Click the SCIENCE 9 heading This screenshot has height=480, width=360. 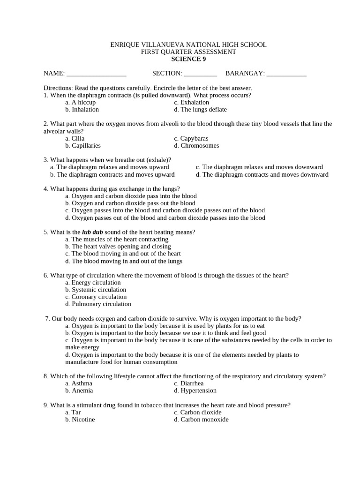(188, 59)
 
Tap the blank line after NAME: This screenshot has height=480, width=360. (97, 74)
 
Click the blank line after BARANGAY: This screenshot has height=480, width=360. (286, 74)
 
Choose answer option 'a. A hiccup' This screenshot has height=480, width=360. (81, 102)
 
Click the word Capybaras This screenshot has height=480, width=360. (194, 138)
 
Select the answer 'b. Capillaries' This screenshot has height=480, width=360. (83, 145)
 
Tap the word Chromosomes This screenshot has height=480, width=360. (200, 145)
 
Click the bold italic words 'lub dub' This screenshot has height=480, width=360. (92, 232)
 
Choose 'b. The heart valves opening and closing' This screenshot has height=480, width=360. (118, 246)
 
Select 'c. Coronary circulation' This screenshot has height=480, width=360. (96, 297)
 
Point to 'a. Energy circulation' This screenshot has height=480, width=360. (93, 282)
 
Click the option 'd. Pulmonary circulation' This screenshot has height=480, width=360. (98, 304)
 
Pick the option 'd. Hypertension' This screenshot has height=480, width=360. (195, 390)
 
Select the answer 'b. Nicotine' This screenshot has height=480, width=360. (80, 420)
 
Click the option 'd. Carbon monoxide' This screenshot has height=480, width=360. (201, 420)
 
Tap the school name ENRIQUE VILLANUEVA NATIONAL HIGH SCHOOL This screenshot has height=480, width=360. (188, 45)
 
